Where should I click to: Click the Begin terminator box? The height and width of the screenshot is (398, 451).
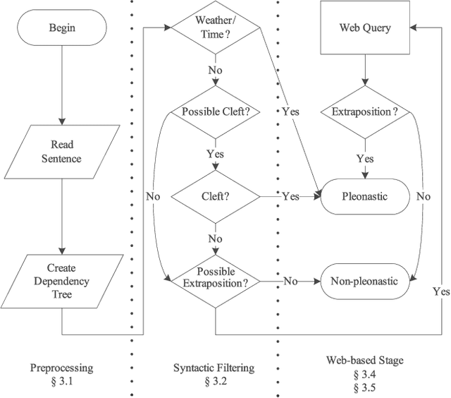(61, 28)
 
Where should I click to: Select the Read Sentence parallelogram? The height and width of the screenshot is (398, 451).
(61, 152)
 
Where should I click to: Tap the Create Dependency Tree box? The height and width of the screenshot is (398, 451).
(61, 280)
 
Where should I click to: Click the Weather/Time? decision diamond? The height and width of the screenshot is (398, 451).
(215, 28)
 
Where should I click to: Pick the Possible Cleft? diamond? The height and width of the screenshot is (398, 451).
(215, 111)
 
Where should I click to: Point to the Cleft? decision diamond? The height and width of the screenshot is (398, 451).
(215, 196)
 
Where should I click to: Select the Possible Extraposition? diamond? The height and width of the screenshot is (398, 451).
(215, 280)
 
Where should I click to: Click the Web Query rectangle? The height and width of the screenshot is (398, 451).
(365, 28)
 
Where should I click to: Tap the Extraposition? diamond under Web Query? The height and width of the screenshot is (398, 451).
(365, 111)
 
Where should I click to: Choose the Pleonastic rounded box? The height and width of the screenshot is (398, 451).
(365, 196)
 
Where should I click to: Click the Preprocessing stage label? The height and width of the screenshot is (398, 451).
(61, 368)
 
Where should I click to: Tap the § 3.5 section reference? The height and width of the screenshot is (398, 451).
(365, 388)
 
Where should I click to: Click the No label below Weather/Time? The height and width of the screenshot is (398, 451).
(215, 71)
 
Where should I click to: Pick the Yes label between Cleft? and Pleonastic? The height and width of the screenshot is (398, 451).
(290, 196)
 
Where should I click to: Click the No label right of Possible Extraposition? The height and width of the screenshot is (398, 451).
(290, 281)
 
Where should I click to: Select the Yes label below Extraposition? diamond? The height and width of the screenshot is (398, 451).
(365, 159)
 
